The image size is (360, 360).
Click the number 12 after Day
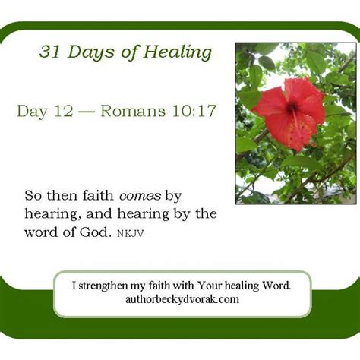(64, 112)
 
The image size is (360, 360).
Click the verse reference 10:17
(195, 112)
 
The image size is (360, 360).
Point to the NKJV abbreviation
(130, 232)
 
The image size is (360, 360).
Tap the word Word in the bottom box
(276, 286)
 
